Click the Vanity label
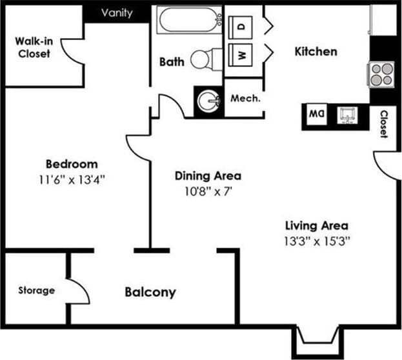point(117,13)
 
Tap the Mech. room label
point(245,99)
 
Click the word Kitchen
point(316,51)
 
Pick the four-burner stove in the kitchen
point(381,74)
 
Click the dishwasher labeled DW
point(316,115)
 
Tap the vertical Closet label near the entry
point(383,125)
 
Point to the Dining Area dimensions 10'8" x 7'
point(208,191)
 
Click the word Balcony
point(150,292)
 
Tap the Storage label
point(36,290)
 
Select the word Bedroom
point(72,164)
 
